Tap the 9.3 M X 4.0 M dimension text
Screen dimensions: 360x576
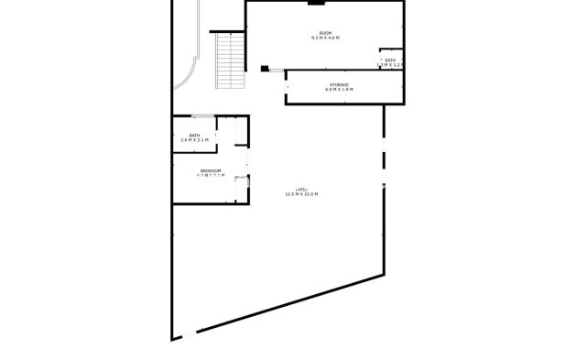coord(324,38)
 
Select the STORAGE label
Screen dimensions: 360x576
coord(340,84)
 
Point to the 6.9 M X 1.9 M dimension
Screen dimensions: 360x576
coord(340,90)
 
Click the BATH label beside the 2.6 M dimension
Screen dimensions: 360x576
coord(193,135)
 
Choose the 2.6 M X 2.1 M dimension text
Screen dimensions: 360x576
coord(193,140)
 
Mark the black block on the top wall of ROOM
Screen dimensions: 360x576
coord(315,3)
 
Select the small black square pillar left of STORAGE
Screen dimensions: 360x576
coord(264,68)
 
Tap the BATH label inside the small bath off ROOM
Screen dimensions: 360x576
coord(390,60)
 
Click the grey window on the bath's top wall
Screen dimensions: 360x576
coord(202,115)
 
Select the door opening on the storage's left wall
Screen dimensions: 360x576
coord(287,86)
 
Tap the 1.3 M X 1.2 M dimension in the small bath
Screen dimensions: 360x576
coord(391,65)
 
